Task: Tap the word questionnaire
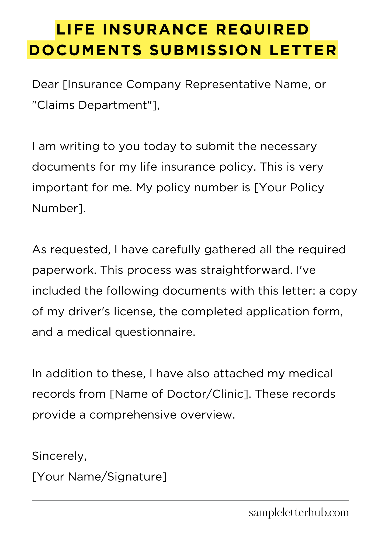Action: (x=155, y=332)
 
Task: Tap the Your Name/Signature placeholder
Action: (x=99, y=477)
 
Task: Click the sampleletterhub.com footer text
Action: (x=299, y=513)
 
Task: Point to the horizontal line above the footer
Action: (x=190, y=501)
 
